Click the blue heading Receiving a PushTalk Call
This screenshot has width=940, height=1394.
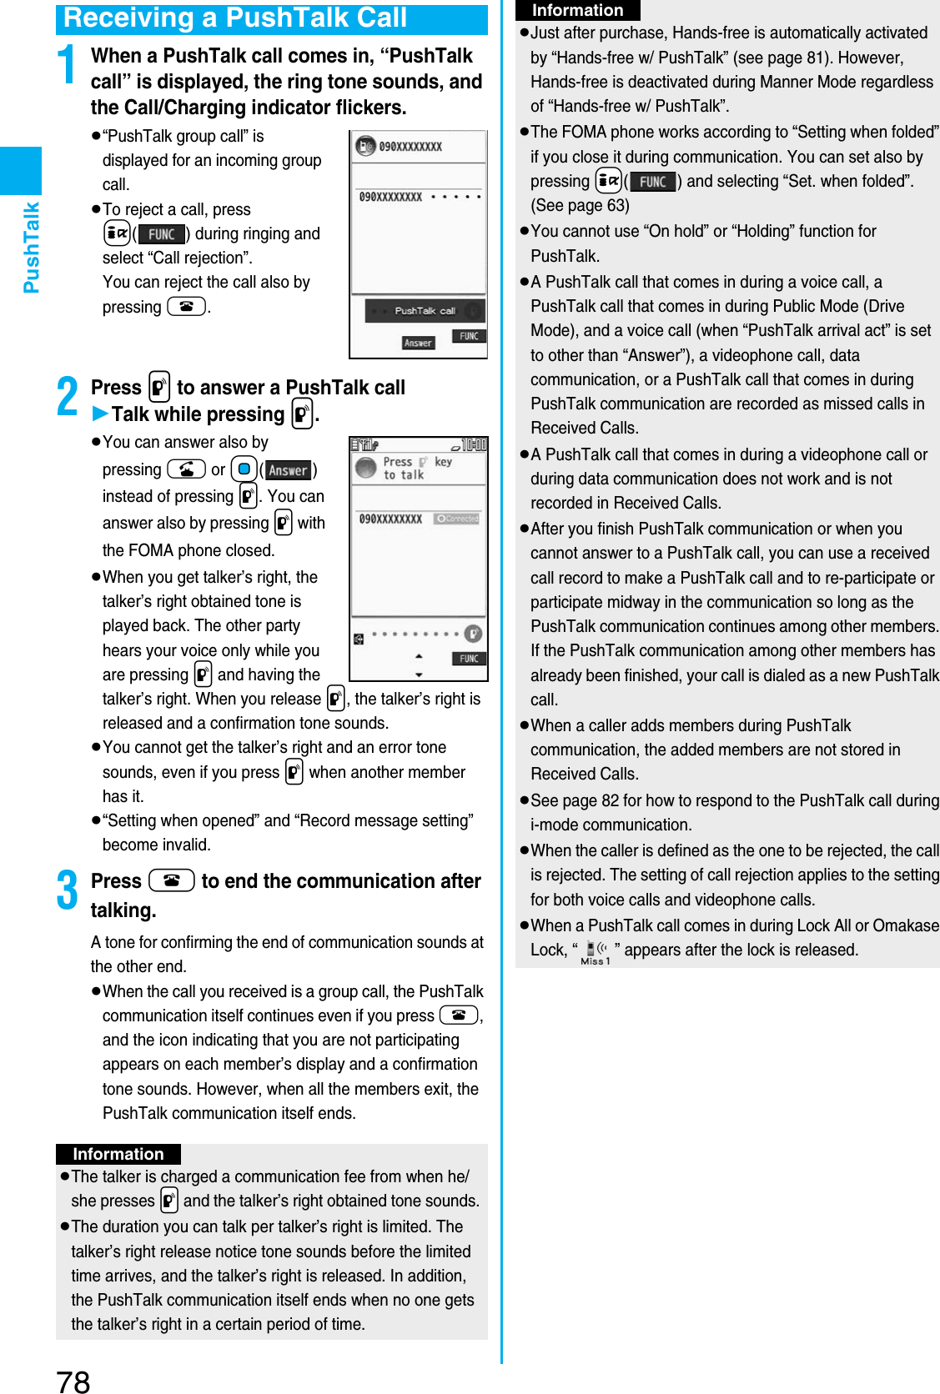235,18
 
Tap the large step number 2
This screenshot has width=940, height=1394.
68,397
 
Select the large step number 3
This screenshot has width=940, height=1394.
68,890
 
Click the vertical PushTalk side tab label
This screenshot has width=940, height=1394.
32,248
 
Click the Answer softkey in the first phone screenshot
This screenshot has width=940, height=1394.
418,343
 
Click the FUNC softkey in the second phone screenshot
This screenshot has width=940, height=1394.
469,659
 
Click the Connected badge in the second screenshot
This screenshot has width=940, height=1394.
457,519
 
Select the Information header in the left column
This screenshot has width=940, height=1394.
118,1154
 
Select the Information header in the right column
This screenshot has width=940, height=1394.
577,10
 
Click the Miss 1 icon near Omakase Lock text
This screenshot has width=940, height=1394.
596,952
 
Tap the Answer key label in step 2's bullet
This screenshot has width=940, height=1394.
288,470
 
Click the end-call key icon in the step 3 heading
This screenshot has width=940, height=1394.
172,880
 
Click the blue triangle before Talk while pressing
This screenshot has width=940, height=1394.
100,414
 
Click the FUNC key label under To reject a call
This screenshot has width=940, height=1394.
161,234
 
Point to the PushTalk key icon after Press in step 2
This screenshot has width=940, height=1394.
159,388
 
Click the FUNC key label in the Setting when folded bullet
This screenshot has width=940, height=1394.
652,182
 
